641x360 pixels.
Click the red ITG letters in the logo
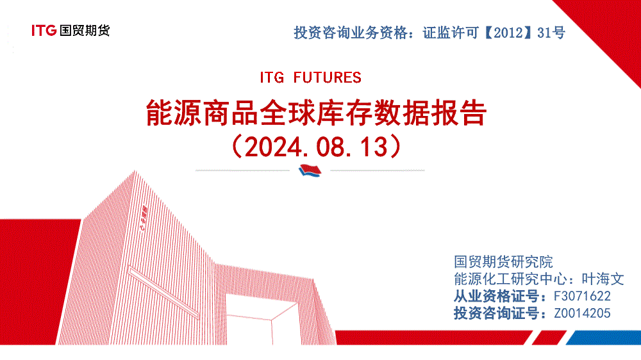pyautogui.click(x=44, y=31)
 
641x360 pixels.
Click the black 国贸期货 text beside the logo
pyautogui.click(x=85, y=31)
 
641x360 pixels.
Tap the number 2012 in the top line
pyautogui.click(x=508, y=33)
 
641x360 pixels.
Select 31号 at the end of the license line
pyautogui.click(x=551, y=33)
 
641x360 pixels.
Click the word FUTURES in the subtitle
pyautogui.click(x=327, y=78)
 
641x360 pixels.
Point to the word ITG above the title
pyautogui.click(x=272, y=78)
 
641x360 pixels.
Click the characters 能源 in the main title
pyautogui.click(x=174, y=113)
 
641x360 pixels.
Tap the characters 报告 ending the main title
pyautogui.click(x=459, y=113)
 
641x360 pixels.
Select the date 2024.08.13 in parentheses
pyautogui.click(x=316, y=147)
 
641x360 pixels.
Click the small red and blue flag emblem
pyautogui.click(x=310, y=170)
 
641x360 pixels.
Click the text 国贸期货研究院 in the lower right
pyautogui.click(x=503, y=262)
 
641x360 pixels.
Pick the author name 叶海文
pyautogui.click(x=603, y=279)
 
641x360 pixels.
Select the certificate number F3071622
pyautogui.click(x=582, y=296)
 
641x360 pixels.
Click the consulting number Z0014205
pyautogui.click(x=582, y=313)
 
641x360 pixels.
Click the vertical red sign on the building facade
pyautogui.click(x=144, y=218)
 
